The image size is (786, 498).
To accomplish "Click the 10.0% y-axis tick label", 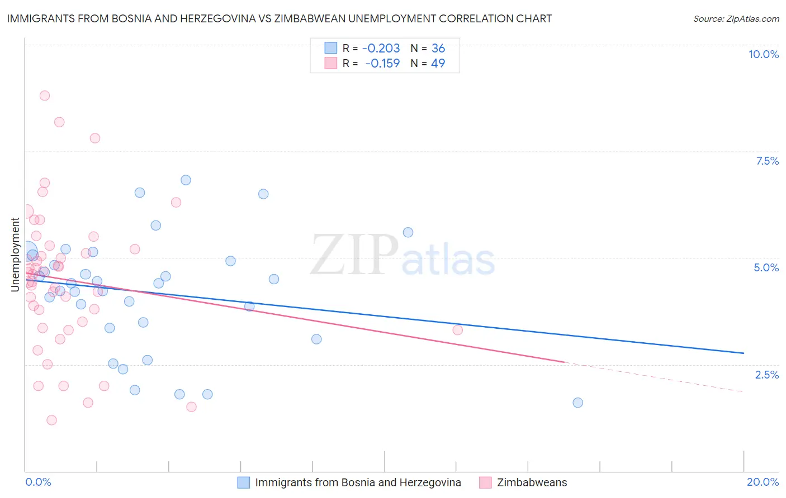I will (x=764, y=54).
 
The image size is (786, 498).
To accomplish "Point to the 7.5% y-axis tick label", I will (x=767, y=161).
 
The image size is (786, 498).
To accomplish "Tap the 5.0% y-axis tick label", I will (x=766, y=267).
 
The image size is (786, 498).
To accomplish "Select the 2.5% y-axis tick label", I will (x=766, y=375).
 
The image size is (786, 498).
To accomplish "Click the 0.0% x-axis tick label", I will (x=38, y=482).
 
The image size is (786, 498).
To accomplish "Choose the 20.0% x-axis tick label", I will (x=763, y=482).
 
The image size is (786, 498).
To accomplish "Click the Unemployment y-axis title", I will (x=15, y=255).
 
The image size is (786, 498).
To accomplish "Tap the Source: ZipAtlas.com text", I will (x=736, y=19).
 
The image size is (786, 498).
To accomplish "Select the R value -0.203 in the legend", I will (x=381, y=49).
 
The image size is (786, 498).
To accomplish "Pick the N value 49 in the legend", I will (x=438, y=64).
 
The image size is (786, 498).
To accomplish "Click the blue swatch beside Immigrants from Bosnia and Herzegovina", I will (x=244, y=482).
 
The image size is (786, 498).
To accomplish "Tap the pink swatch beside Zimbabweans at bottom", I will (x=485, y=482).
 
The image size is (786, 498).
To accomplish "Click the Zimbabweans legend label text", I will (x=532, y=482).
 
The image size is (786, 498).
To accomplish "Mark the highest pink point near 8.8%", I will (x=45, y=95).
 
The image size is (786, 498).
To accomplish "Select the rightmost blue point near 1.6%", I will (x=578, y=403).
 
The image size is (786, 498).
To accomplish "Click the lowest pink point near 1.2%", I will (x=51, y=420).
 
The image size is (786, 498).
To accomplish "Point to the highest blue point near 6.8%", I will (x=186, y=180).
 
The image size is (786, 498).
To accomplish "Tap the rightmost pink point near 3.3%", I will (x=458, y=330).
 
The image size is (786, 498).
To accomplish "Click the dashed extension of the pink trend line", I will (x=654, y=377).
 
